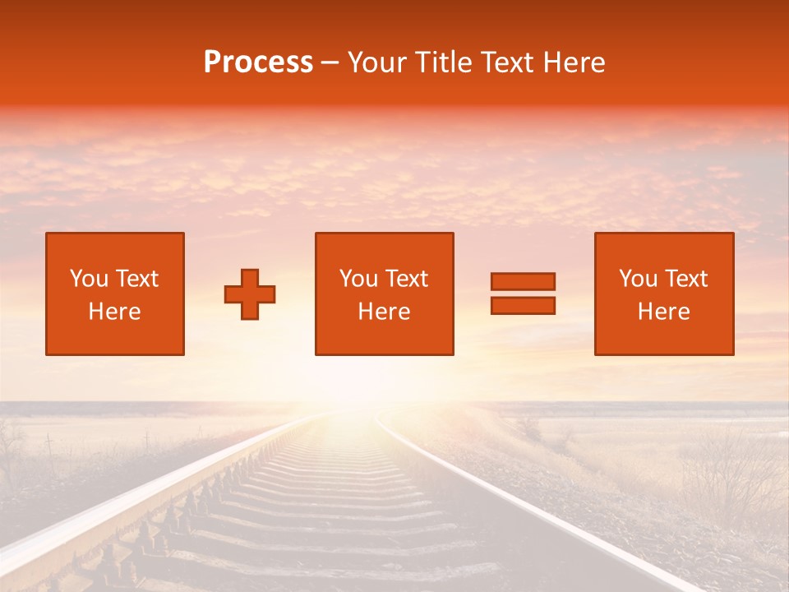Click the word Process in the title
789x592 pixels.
point(258,62)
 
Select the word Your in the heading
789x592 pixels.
point(376,62)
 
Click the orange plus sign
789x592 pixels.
point(250,294)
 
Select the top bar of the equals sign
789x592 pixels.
point(523,281)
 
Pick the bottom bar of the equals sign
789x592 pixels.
point(523,305)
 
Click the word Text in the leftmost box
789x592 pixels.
point(136,279)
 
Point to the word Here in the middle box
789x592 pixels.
point(384,312)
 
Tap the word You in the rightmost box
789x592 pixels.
point(639,279)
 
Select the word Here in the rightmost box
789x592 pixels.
point(664,312)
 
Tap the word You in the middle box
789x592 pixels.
point(358,279)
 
